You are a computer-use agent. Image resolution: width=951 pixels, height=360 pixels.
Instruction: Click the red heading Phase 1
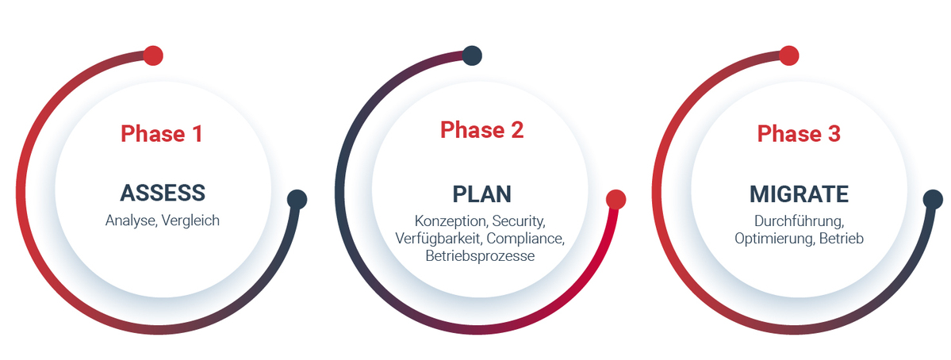click(x=161, y=134)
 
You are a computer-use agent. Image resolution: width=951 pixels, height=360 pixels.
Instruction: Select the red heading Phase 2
click(x=481, y=130)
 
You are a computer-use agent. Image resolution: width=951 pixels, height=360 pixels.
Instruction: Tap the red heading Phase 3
click(x=799, y=134)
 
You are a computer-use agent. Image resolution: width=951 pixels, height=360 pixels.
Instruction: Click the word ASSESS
click(x=163, y=193)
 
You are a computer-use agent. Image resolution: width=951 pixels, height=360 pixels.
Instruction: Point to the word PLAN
click(x=481, y=194)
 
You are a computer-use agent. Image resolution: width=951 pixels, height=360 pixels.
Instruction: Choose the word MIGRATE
click(x=799, y=194)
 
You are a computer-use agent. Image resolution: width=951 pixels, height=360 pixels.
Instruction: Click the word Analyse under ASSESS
click(x=131, y=220)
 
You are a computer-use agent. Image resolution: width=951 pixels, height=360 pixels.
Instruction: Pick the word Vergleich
click(x=190, y=220)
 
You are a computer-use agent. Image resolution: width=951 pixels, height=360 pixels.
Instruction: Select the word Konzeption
click(x=451, y=220)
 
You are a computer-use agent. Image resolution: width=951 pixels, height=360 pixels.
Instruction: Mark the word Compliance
click(x=525, y=238)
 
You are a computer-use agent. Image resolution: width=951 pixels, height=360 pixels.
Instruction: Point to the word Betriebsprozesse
click(x=480, y=256)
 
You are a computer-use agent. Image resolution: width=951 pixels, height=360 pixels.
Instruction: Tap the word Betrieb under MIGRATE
click(x=841, y=239)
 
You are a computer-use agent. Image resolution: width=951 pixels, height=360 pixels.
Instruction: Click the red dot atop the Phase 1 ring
click(x=153, y=56)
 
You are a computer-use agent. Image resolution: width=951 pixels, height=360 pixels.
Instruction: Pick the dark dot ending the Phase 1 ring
click(x=297, y=199)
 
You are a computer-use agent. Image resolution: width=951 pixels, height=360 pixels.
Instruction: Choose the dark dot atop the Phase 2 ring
click(x=472, y=56)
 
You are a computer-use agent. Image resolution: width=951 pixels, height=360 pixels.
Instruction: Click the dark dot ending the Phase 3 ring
click(x=933, y=199)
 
